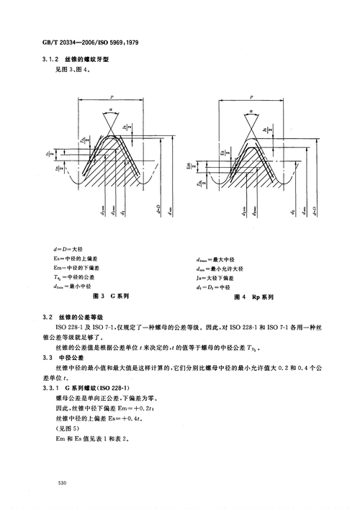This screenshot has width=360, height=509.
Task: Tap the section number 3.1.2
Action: pos(53,61)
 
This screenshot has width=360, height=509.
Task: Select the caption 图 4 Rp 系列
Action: pos(251,296)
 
